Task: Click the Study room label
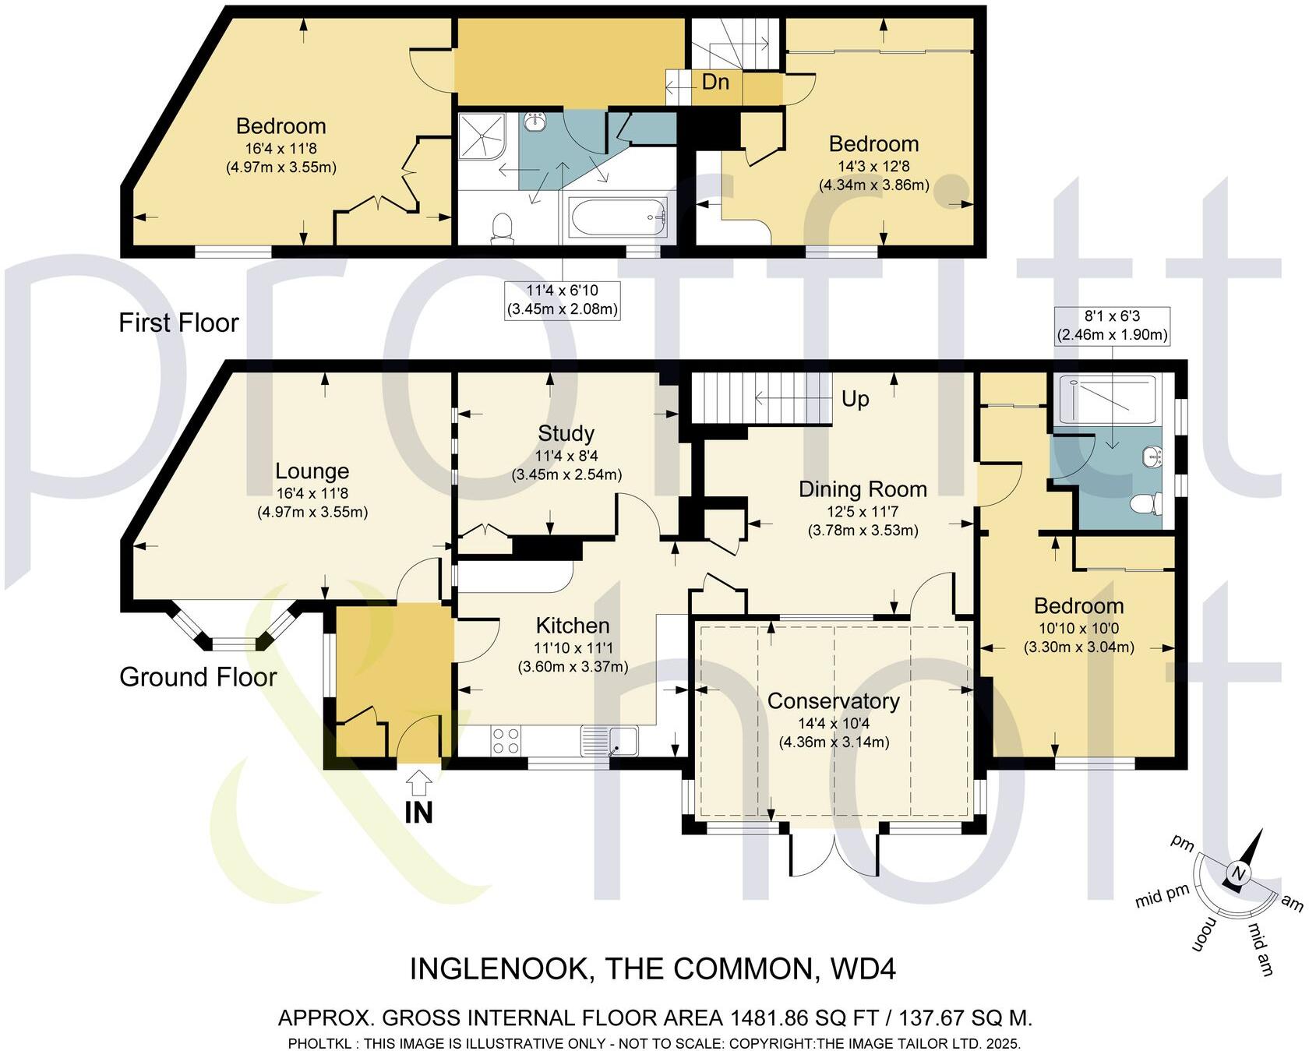pos(566,434)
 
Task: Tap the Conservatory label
pos(833,701)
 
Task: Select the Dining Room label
pos(863,489)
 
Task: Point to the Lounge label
pos(312,471)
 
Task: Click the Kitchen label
pos(572,626)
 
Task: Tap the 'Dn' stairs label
pos(714,82)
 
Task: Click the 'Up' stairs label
pos(855,399)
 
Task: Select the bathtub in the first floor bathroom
pos(618,217)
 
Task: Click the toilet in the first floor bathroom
pos(503,227)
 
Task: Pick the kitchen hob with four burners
pos(506,740)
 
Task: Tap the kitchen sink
pos(622,740)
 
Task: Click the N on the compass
pos(1239,873)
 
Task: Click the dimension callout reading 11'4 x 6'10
pos(562,300)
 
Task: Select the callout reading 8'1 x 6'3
pos(1111,326)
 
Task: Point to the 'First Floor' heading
pos(178,323)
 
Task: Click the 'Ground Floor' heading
pos(198,677)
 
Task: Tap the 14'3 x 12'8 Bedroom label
pos(873,144)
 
